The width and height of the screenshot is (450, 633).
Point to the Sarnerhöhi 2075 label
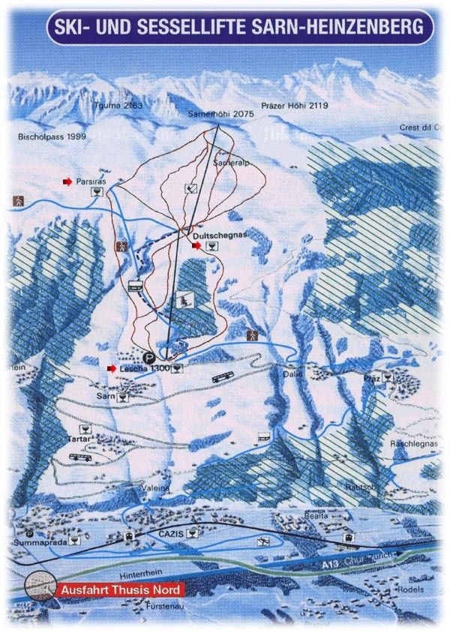pyautogui.click(x=218, y=113)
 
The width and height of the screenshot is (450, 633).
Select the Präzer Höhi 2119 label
pyautogui.click(x=295, y=106)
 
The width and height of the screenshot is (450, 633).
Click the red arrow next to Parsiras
pyautogui.click(x=67, y=181)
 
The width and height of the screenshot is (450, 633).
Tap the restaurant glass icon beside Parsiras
pyautogui.click(x=95, y=193)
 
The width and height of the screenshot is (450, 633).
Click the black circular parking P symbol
pyautogui.click(x=149, y=358)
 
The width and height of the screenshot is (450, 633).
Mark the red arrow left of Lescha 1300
pyautogui.click(x=111, y=368)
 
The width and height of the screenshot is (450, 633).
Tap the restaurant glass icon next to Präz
pyautogui.click(x=387, y=377)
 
